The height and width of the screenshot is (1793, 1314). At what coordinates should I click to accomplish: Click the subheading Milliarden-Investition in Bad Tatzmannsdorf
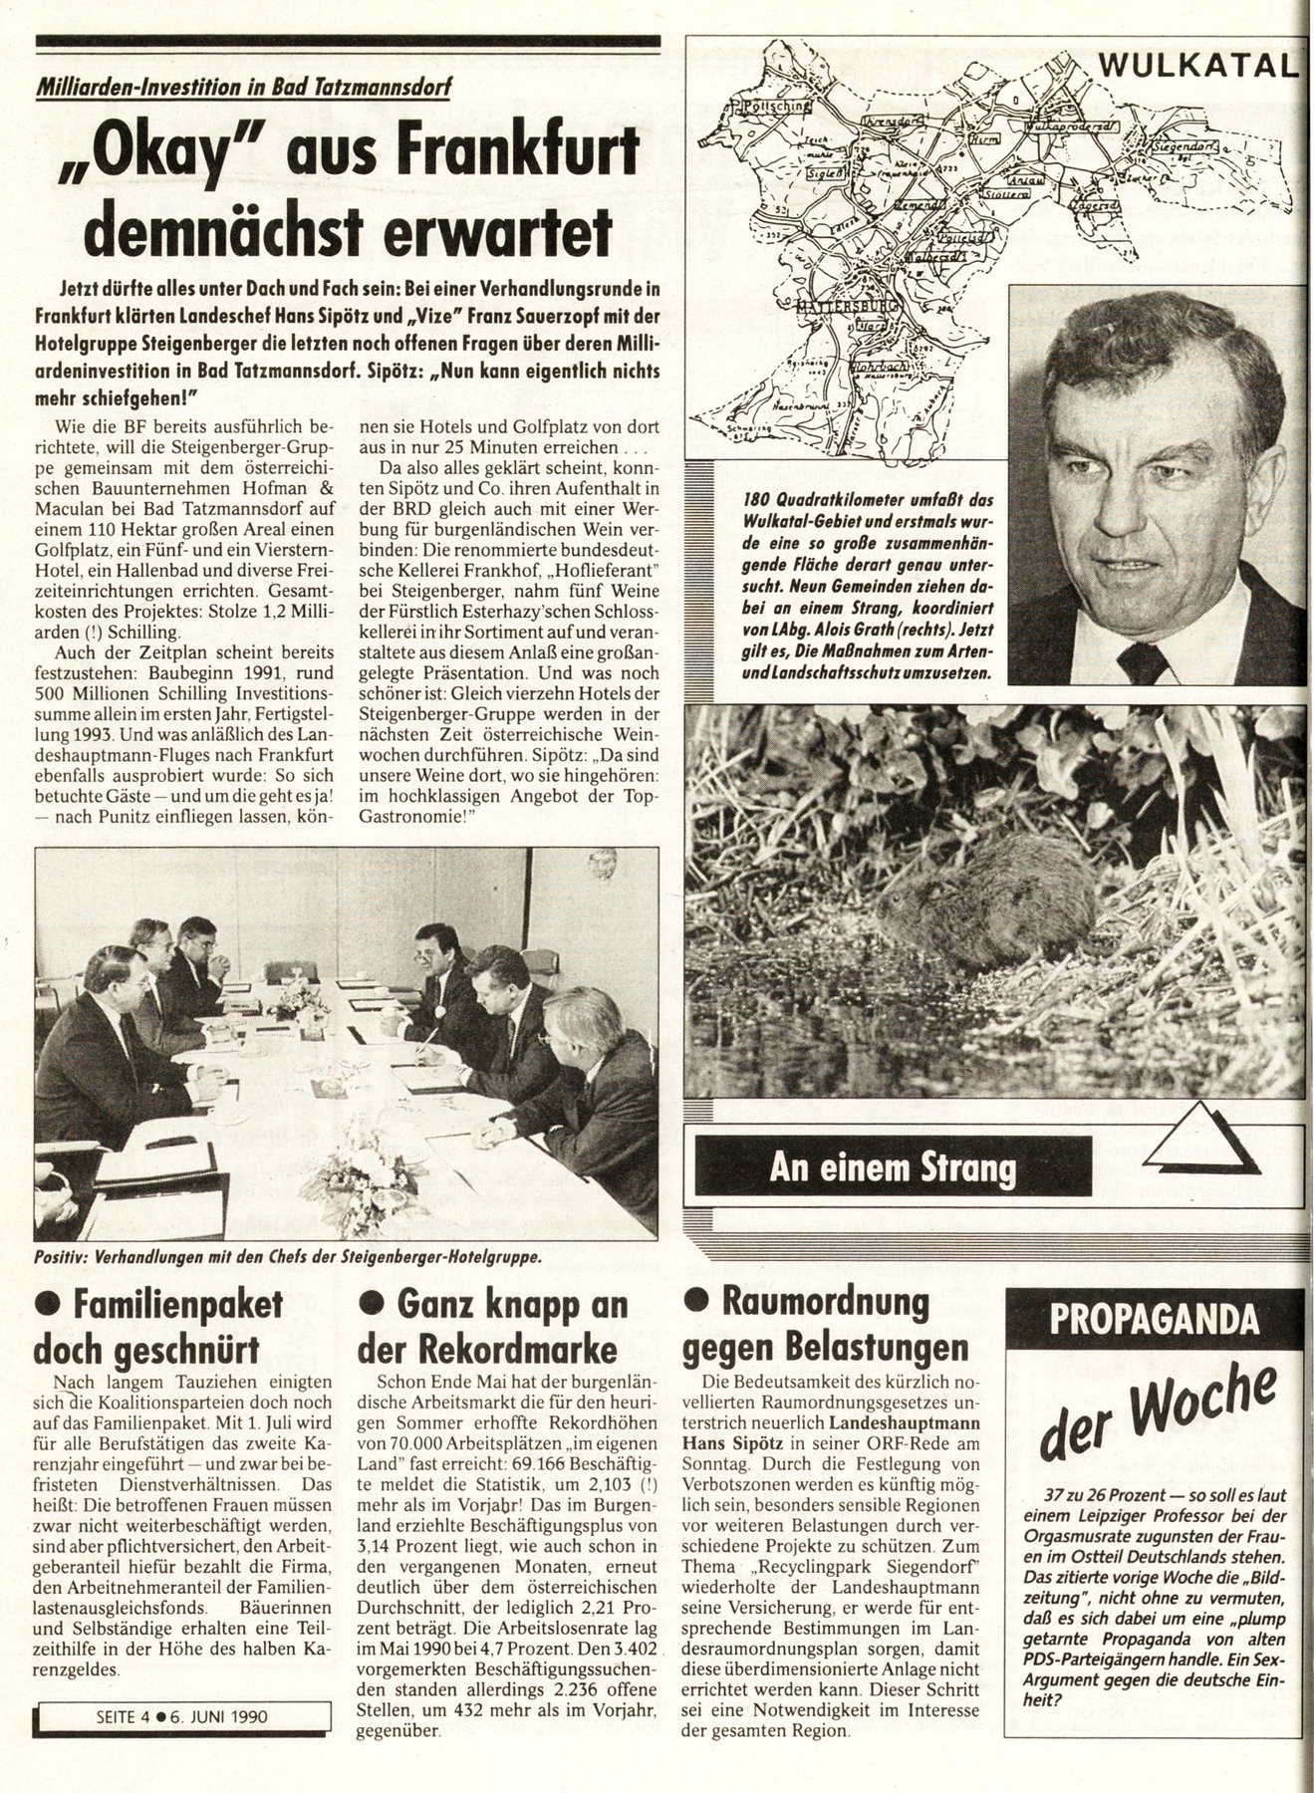(243, 87)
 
